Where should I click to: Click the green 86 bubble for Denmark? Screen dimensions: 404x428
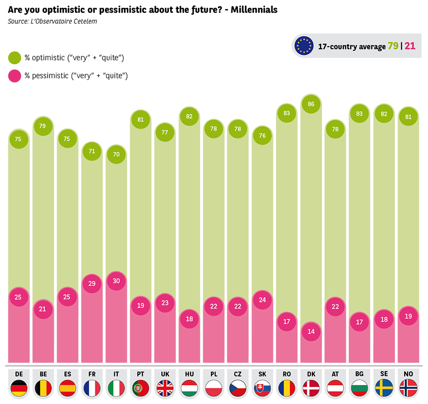(x=311, y=104)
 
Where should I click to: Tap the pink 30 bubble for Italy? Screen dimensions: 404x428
(x=116, y=281)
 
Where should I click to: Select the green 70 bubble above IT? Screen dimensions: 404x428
(x=116, y=154)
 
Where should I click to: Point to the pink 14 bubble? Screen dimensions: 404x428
(x=311, y=331)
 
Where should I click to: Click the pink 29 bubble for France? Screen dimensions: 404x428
(x=92, y=283)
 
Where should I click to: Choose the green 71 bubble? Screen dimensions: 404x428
(x=92, y=151)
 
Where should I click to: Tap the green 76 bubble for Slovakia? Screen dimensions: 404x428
(x=263, y=136)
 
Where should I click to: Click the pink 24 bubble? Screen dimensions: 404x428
(x=263, y=300)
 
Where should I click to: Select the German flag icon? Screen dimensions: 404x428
(x=19, y=388)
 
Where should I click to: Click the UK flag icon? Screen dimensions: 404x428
(x=165, y=388)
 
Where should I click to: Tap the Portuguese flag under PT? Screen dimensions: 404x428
(x=141, y=388)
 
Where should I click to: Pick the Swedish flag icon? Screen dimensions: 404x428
(x=384, y=388)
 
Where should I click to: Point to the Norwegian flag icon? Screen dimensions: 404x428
(x=409, y=388)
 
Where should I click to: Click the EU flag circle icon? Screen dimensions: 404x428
(x=304, y=46)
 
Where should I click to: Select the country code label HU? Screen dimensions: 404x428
(x=189, y=374)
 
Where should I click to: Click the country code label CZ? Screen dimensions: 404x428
(x=238, y=374)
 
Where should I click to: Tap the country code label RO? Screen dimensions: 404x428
(x=287, y=374)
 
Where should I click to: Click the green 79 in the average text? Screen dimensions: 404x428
(x=393, y=46)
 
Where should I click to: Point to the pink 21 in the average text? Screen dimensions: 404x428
(x=410, y=46)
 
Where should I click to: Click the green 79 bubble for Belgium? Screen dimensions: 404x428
(x=43, y=126)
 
